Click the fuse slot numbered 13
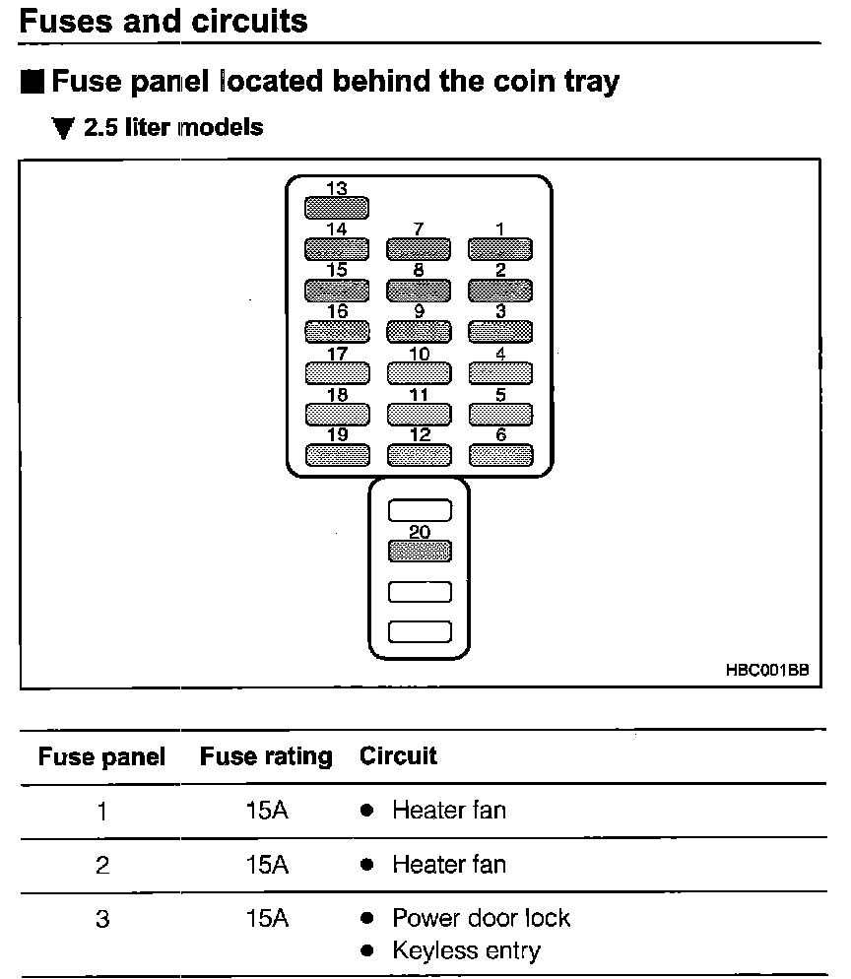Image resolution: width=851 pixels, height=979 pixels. click(x=337, y=208)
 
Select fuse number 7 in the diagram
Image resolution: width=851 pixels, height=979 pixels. click(x=419, y=249)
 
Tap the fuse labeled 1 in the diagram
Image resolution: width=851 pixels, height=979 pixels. click(x=500, y=249)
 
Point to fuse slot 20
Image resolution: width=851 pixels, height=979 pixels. click(x=420, y=552)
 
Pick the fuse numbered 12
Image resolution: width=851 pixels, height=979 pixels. click(x=419, y=455)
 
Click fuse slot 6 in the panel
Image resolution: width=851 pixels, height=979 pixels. click(x=500, y=455)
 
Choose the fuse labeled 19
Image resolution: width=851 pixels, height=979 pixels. click(x=337, y=455)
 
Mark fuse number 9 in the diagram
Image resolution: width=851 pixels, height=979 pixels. click(x=419, y=332)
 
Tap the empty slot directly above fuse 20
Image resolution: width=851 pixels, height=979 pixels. click(x=420, y=510)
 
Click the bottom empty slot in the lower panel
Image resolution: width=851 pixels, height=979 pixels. click(x=420, y=632)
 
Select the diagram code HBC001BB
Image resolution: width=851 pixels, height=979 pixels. click(x=767, y=670)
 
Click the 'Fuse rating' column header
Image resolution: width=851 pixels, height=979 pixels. click(x=266, y=756)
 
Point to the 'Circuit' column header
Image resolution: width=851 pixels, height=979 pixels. click(x=398, y=755)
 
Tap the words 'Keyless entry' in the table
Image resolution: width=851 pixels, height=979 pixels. click(x=467, y=950)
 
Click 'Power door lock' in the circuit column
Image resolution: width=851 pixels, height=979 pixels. click(x=482, y=918)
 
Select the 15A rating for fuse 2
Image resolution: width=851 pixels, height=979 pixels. click(x=267, y=865)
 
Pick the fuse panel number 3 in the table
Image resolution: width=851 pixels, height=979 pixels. click(x=102, y=919)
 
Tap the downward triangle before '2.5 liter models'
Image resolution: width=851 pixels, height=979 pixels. click(x=63, y=128)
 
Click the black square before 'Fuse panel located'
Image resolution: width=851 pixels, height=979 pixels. click(x=33, y=82)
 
